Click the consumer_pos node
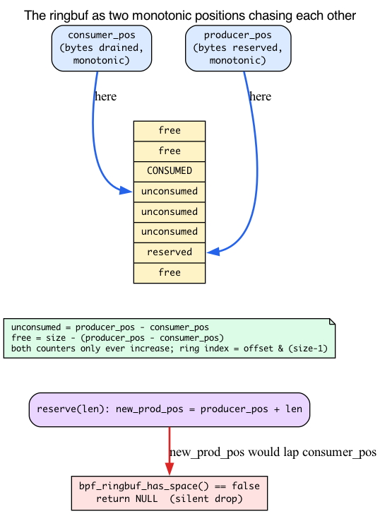point(102,48)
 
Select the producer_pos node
point(238,48)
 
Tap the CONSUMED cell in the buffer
point(170,171)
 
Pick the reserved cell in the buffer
point(170,252)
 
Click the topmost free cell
point(170,131)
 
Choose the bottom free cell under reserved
point(170,273)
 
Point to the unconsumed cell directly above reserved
point(170,232)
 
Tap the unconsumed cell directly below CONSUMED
point(170,192)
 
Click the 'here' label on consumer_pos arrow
point(105,96)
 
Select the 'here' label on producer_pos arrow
point(260,96)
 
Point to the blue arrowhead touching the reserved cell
point(213,252)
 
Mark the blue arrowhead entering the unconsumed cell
point(126,190)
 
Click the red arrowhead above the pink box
point(170,469)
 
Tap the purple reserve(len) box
point(170,409)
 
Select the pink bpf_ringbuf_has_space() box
point(170,493)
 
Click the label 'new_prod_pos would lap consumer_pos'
point(273,452)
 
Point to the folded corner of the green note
point(332,321)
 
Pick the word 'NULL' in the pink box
point(146,499)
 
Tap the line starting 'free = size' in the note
point(117,338)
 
